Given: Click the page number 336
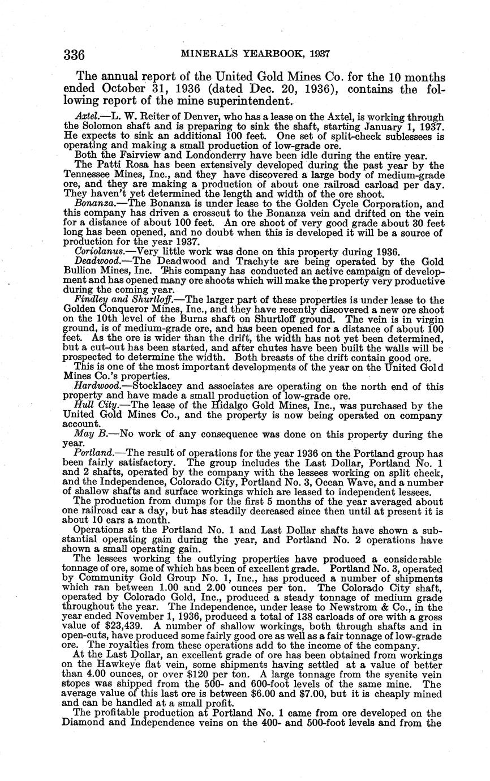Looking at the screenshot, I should coord(74,54).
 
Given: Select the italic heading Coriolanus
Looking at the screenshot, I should coord(96,251).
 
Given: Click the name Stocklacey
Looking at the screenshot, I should coord(159,386).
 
